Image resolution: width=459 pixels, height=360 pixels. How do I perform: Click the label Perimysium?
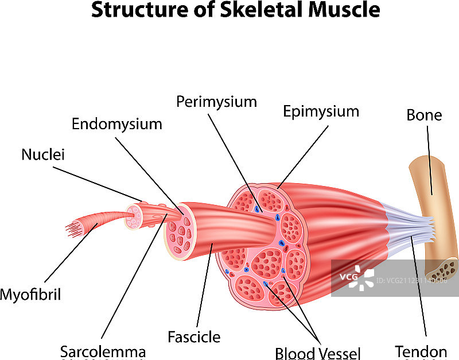(x=216, y=102)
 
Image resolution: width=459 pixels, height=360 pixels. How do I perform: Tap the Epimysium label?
(x=321, y=111)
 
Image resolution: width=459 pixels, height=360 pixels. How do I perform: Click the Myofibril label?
(x=30, y=295)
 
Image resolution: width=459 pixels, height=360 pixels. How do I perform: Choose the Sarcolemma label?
(x=103, y=351)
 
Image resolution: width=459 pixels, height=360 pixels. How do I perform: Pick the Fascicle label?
(x=194, y=336)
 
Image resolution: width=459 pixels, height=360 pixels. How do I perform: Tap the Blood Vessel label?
(x=317, y=352)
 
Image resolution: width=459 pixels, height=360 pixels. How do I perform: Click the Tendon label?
(x=421, y=351)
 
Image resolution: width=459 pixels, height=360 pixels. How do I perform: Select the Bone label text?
(x=424, y=115)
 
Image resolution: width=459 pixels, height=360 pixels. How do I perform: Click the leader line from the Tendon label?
(x=419, y=293)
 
